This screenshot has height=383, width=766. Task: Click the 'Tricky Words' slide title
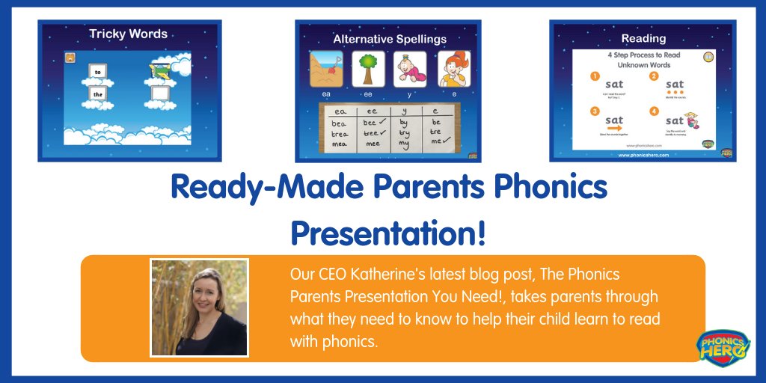pos(129,34)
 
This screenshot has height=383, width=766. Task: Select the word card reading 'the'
pos(97,94)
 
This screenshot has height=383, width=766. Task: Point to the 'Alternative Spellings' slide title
pos(389,39)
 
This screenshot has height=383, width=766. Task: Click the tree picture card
pos(368,69)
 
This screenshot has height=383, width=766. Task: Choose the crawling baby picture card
pos(410,69)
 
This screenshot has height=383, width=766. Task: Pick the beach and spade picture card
pos(326,69)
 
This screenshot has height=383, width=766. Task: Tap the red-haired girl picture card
pos(453,69)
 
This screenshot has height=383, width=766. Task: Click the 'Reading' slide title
pos(643,38)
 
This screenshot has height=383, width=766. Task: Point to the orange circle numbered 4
pos(653,113)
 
